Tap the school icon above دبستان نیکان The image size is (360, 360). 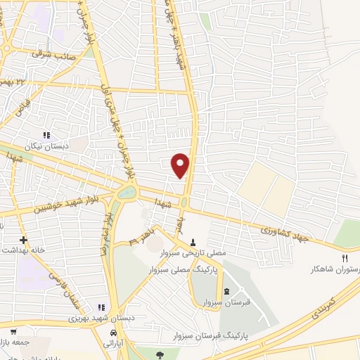pos(47,135)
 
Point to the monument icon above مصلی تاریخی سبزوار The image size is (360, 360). pos(193,242)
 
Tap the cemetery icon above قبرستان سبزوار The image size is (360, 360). pos(226,291)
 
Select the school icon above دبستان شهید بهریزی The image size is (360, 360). pos(101,307)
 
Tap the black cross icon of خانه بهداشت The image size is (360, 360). pos(22,239)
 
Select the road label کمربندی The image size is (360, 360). pos(324,302)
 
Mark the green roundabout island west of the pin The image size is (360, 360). pos(127,191)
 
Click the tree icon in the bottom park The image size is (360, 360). pos(160,354)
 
